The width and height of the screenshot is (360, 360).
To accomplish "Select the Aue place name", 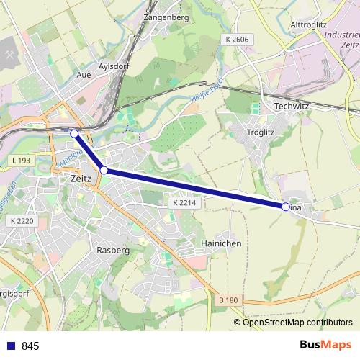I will [x=84, y=74].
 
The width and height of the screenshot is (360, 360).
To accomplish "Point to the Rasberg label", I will [x=112, y=250].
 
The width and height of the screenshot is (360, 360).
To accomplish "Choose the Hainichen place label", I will [x=221, y=243].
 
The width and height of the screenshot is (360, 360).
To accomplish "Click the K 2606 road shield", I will [x=235, y=38].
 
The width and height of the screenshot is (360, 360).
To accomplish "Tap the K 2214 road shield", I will [x=184, y=204].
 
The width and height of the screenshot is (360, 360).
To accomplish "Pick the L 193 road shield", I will [x=22, y=158].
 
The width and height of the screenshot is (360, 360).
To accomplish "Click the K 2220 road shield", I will [x=23, y=222].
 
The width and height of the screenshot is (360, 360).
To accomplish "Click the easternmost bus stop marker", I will [x=286, y=207].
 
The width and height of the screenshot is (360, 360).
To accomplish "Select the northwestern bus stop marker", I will [x=74, y=133].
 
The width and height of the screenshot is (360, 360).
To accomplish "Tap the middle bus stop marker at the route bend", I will [x=104, y=170].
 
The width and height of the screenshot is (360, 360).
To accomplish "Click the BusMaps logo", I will [x=325, y=346].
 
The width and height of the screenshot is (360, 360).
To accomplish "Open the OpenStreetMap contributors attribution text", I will [x=297, y=323].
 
